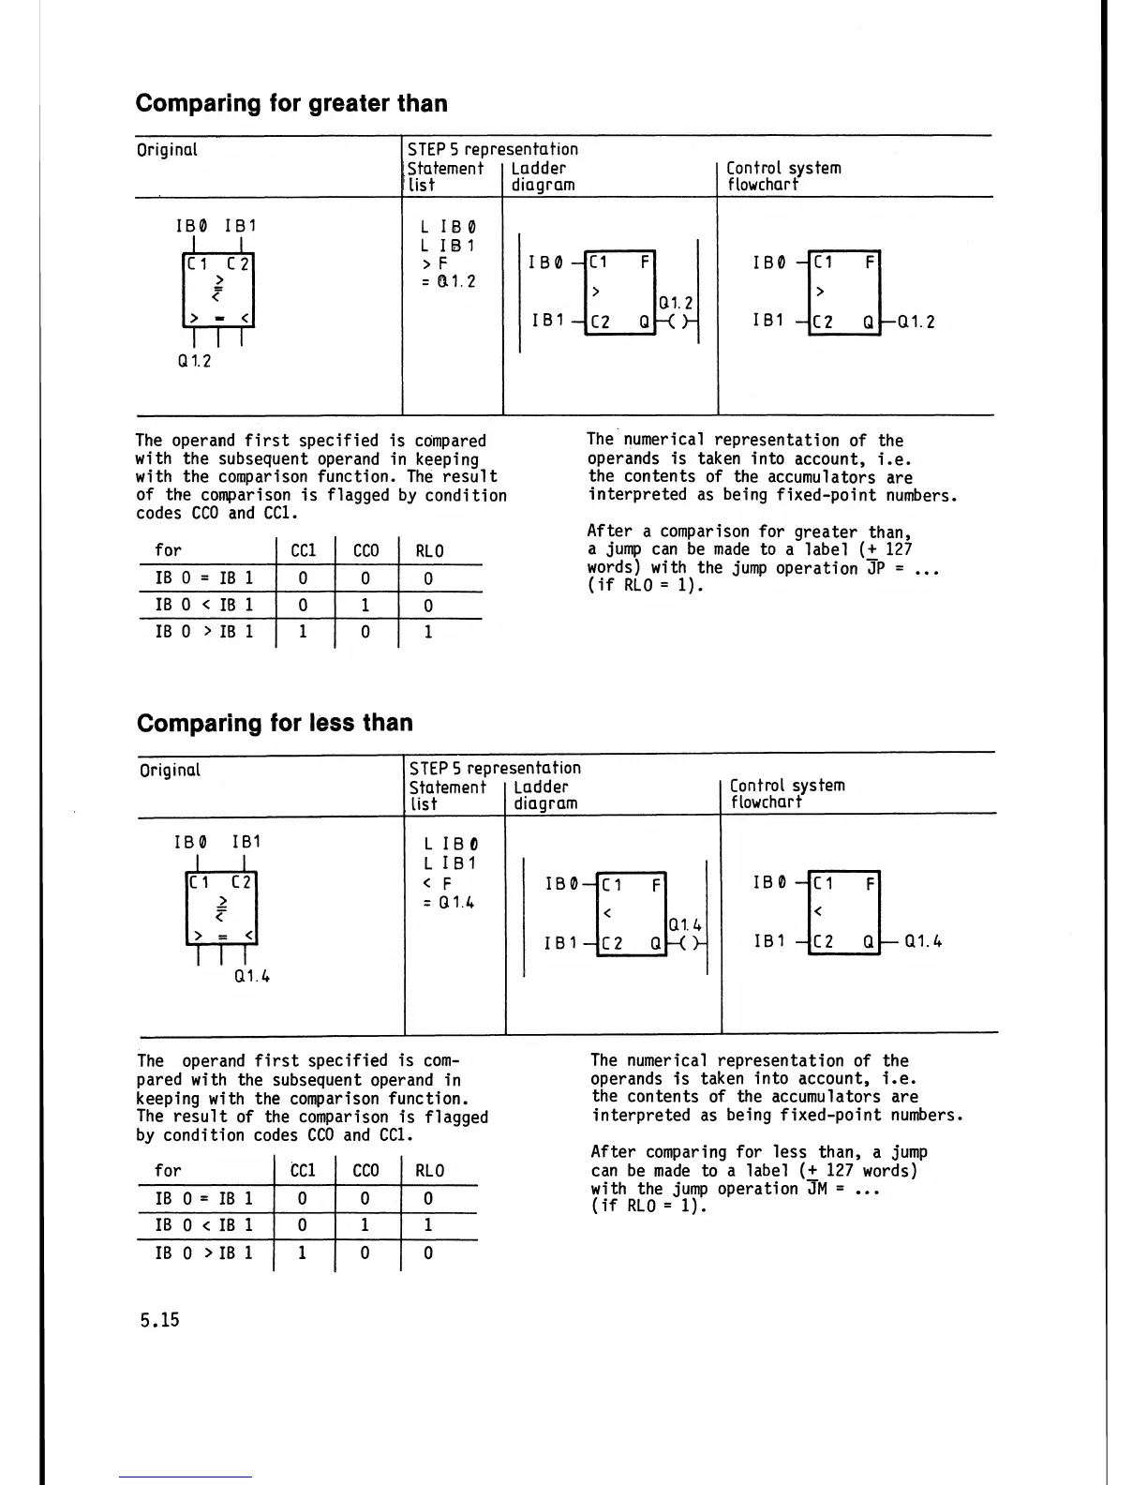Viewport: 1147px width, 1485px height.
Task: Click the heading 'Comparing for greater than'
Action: (291, 103)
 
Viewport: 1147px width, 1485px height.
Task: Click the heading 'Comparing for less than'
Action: (275, 723)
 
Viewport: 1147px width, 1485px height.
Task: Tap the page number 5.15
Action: (159, 1320)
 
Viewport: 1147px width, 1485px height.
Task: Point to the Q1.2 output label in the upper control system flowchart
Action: (916, 322)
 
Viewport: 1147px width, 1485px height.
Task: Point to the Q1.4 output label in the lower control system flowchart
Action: (923, 942)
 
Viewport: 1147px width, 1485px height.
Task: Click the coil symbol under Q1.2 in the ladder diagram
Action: (676, 322)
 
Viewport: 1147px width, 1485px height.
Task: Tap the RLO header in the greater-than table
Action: (429, 551)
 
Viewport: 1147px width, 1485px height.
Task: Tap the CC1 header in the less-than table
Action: (303, 1171)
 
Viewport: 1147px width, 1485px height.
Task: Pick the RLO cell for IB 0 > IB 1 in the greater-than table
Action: (428, 632)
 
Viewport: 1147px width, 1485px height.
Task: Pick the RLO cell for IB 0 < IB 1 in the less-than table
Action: (428, 1225)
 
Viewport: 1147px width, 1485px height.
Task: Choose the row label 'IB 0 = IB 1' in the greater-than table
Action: (204, 578)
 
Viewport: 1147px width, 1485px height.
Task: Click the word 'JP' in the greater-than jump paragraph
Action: (876, 569)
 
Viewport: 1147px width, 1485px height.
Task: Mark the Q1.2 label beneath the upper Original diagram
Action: (194, 361)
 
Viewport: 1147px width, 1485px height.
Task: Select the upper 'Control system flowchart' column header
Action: (783, 176)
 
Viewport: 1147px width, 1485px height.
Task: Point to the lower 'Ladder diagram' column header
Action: (545, 795)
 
